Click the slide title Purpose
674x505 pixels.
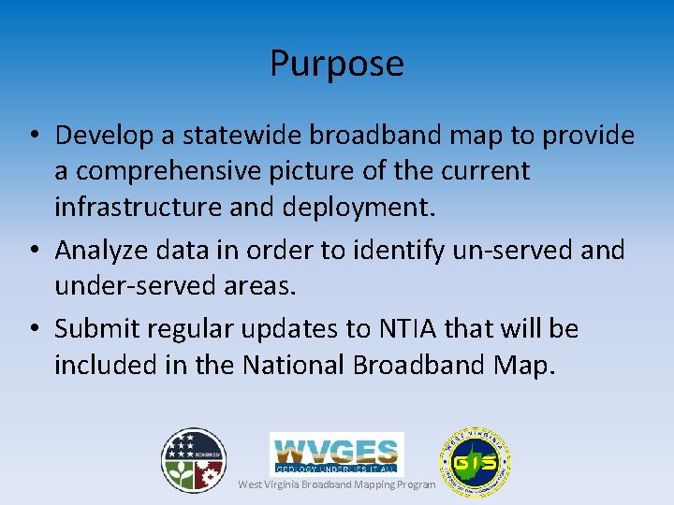[337, 64]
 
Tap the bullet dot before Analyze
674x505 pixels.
[33, 251]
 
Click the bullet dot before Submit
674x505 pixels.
[33, 329]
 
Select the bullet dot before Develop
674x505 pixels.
[33, 137]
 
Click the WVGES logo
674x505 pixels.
[337, 453]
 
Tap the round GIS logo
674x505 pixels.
[475, 462]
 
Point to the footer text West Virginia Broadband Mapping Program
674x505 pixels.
[337, 484]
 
